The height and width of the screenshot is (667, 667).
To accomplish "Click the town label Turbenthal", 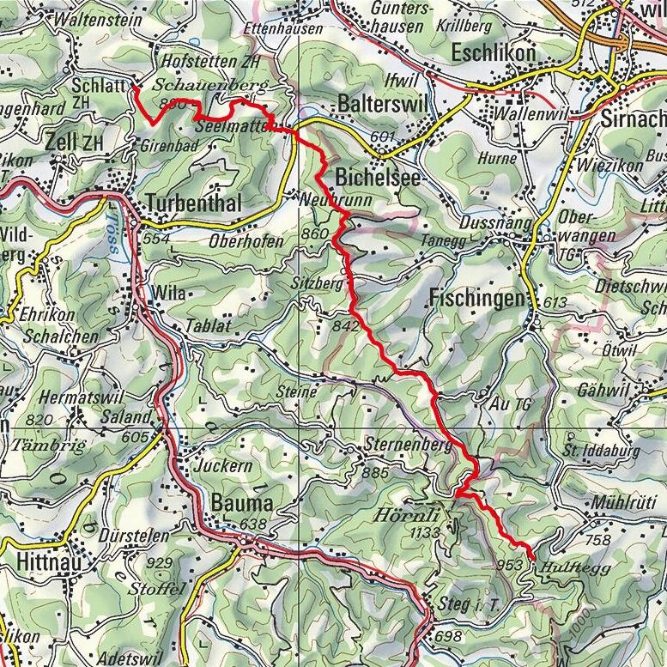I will (x=194, y=203).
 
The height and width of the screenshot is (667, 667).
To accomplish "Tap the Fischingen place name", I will (x=475, y=299).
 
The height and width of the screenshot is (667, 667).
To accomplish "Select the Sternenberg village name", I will (x=395, y=446).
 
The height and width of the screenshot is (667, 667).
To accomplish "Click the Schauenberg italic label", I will (x=209, y=86).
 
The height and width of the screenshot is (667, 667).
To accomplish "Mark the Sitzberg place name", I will (x=324, y=282).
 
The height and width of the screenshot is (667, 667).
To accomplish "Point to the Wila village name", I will (x=167, y=294).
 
